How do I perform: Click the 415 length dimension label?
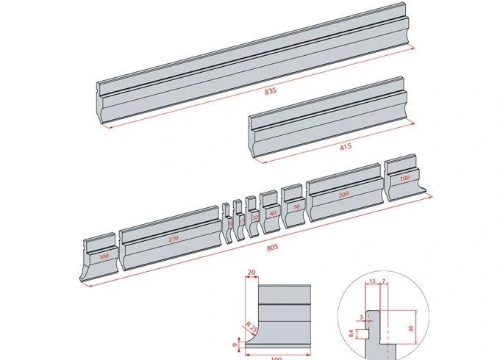tap(346, 146)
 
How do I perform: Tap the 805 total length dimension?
tap(272, 248)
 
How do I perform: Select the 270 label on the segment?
tap(174, 240)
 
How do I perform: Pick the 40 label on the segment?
tap(273, 213)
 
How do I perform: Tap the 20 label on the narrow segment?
tap(255, 218)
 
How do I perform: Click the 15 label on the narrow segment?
tap(242, 220)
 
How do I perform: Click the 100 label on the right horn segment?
tap(404, 179)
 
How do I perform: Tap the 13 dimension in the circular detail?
tap(372, 281)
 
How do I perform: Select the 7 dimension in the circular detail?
tap(384, 281)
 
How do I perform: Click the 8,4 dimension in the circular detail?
tap(352, 334)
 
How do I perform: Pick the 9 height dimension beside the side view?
tap(234, 344)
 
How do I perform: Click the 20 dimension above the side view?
tap(252, 272)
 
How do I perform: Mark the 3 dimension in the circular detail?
tap(360, 315)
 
